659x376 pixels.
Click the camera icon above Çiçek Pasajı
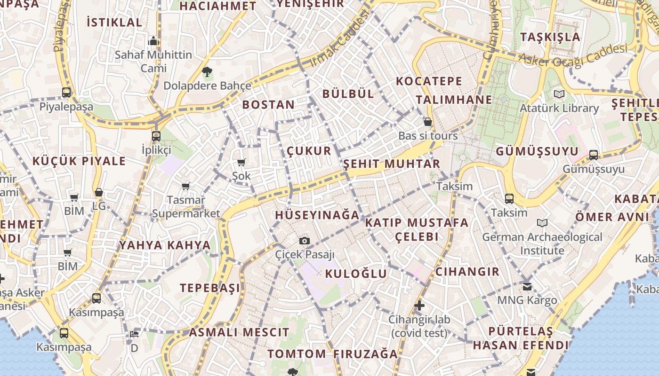pos(305,241)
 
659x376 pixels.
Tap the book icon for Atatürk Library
pos(559,94)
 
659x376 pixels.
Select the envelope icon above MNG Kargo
pos(527,286)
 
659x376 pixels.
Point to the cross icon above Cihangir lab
pos(419,306)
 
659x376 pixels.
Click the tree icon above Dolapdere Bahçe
pos(207,72)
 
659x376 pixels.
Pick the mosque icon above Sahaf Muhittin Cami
pos(153,41)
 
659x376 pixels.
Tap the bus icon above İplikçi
pos(156,136)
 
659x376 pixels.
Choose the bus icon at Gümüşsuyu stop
pos(594,155)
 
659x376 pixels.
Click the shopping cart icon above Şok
pos(241,163)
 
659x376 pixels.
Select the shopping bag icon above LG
pos(98,192)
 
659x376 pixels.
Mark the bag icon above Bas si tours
pos(427,122)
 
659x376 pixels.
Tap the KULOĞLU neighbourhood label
pos(356,274)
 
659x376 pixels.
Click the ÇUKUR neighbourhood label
pos(309,151)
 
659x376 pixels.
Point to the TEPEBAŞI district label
pos(210,288)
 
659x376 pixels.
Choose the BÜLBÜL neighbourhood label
pos(348,94)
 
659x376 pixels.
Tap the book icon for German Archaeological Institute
pos(542,223)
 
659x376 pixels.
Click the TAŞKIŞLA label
pos(550,37)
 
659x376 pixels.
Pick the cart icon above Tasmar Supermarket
pos(186,187)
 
